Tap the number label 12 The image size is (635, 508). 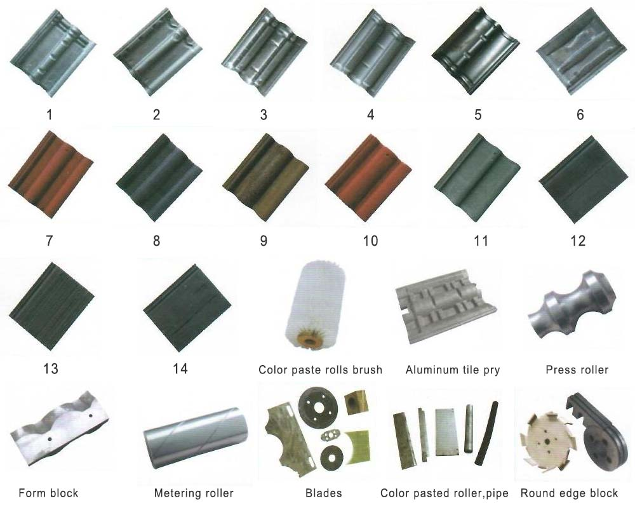click(578, 241)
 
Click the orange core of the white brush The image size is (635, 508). click(309, 340)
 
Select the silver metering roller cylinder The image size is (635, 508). click(195, 438)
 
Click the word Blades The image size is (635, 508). click(324, 493)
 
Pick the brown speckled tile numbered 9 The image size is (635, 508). click(265, 177)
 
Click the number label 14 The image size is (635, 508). click(180, 368)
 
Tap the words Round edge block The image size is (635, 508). click(569, 493)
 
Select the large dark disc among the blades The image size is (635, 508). click(318, 406)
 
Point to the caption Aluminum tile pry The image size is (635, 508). click(453, 370)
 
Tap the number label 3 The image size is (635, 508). click(264, 115)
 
